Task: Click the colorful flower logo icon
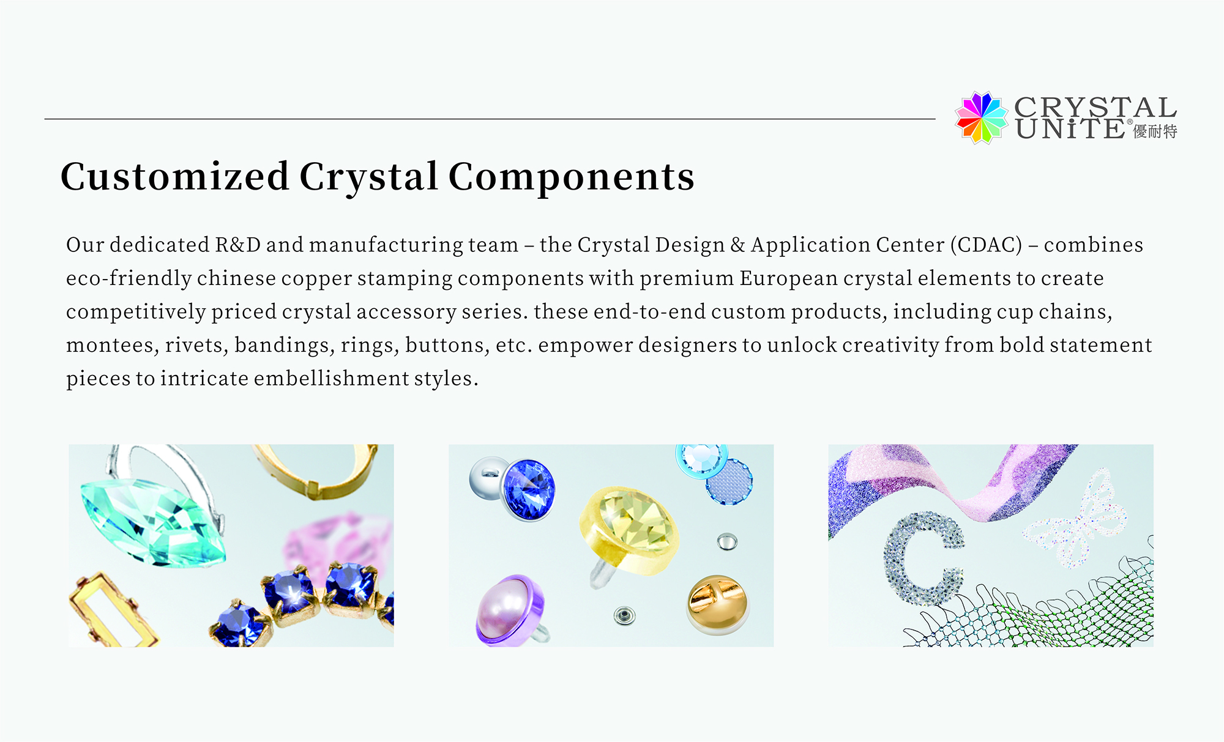point(981,118)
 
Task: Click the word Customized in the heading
point(174,177)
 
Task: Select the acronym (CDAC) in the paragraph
point(986,245)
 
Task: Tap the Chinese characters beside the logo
point(1155,132)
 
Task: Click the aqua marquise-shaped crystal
point(154,522)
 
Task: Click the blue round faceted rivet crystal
point(528,489)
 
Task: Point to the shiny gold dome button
point(718,604)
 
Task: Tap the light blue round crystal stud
point(701,459)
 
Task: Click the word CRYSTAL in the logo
point(1095,108)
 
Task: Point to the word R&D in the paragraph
point(238,245)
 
